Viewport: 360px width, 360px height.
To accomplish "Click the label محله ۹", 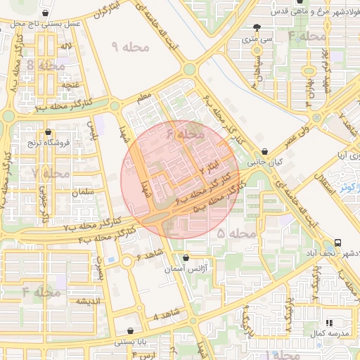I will pyautogui.click(x=131, y=47).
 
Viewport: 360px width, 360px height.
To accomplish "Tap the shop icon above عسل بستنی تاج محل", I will pyautogui.click(x=46, y=13).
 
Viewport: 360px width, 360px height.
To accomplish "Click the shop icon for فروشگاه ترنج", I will pyautogui.click(x=48, y=131).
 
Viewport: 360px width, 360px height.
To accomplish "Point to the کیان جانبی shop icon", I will pyautogui.click(x=264, y=151).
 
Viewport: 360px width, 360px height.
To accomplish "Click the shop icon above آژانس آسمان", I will pyautogui.click(x=186, y=257).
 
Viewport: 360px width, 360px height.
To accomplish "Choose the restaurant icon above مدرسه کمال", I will pyautogui.click(x=328, y=322).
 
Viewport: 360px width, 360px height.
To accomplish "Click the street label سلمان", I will pyautogui.click(x=82, y=192).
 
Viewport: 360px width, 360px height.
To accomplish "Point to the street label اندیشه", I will pyautogui.click(x=91, y=301).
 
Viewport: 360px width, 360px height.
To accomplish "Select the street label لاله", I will pyautogui.click(x=67, y=46).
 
